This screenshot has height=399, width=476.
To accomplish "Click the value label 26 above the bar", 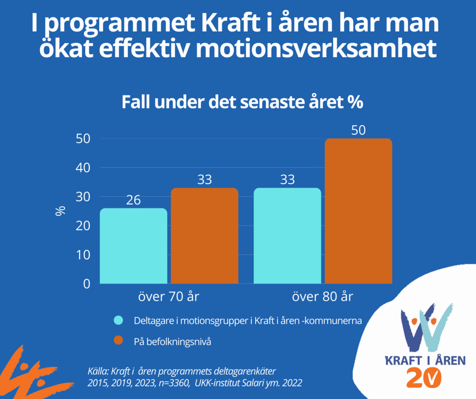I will coord(133,200).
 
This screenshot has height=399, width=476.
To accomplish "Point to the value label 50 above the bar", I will coord(358,131).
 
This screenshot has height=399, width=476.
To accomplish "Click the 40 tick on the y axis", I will coord(83,168).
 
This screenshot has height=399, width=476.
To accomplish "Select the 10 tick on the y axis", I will coord(83,255).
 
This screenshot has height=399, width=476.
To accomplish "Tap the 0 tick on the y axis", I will coord(86,284).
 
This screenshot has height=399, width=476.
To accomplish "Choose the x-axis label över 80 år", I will coord(323,297).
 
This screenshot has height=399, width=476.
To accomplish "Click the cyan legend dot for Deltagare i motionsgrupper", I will coord(119,321).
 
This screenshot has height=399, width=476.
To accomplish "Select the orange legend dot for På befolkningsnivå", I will coord(119,340).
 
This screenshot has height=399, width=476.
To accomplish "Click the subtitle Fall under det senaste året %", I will coord(242,102).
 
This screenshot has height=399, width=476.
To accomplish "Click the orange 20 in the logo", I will coord(424,378).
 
